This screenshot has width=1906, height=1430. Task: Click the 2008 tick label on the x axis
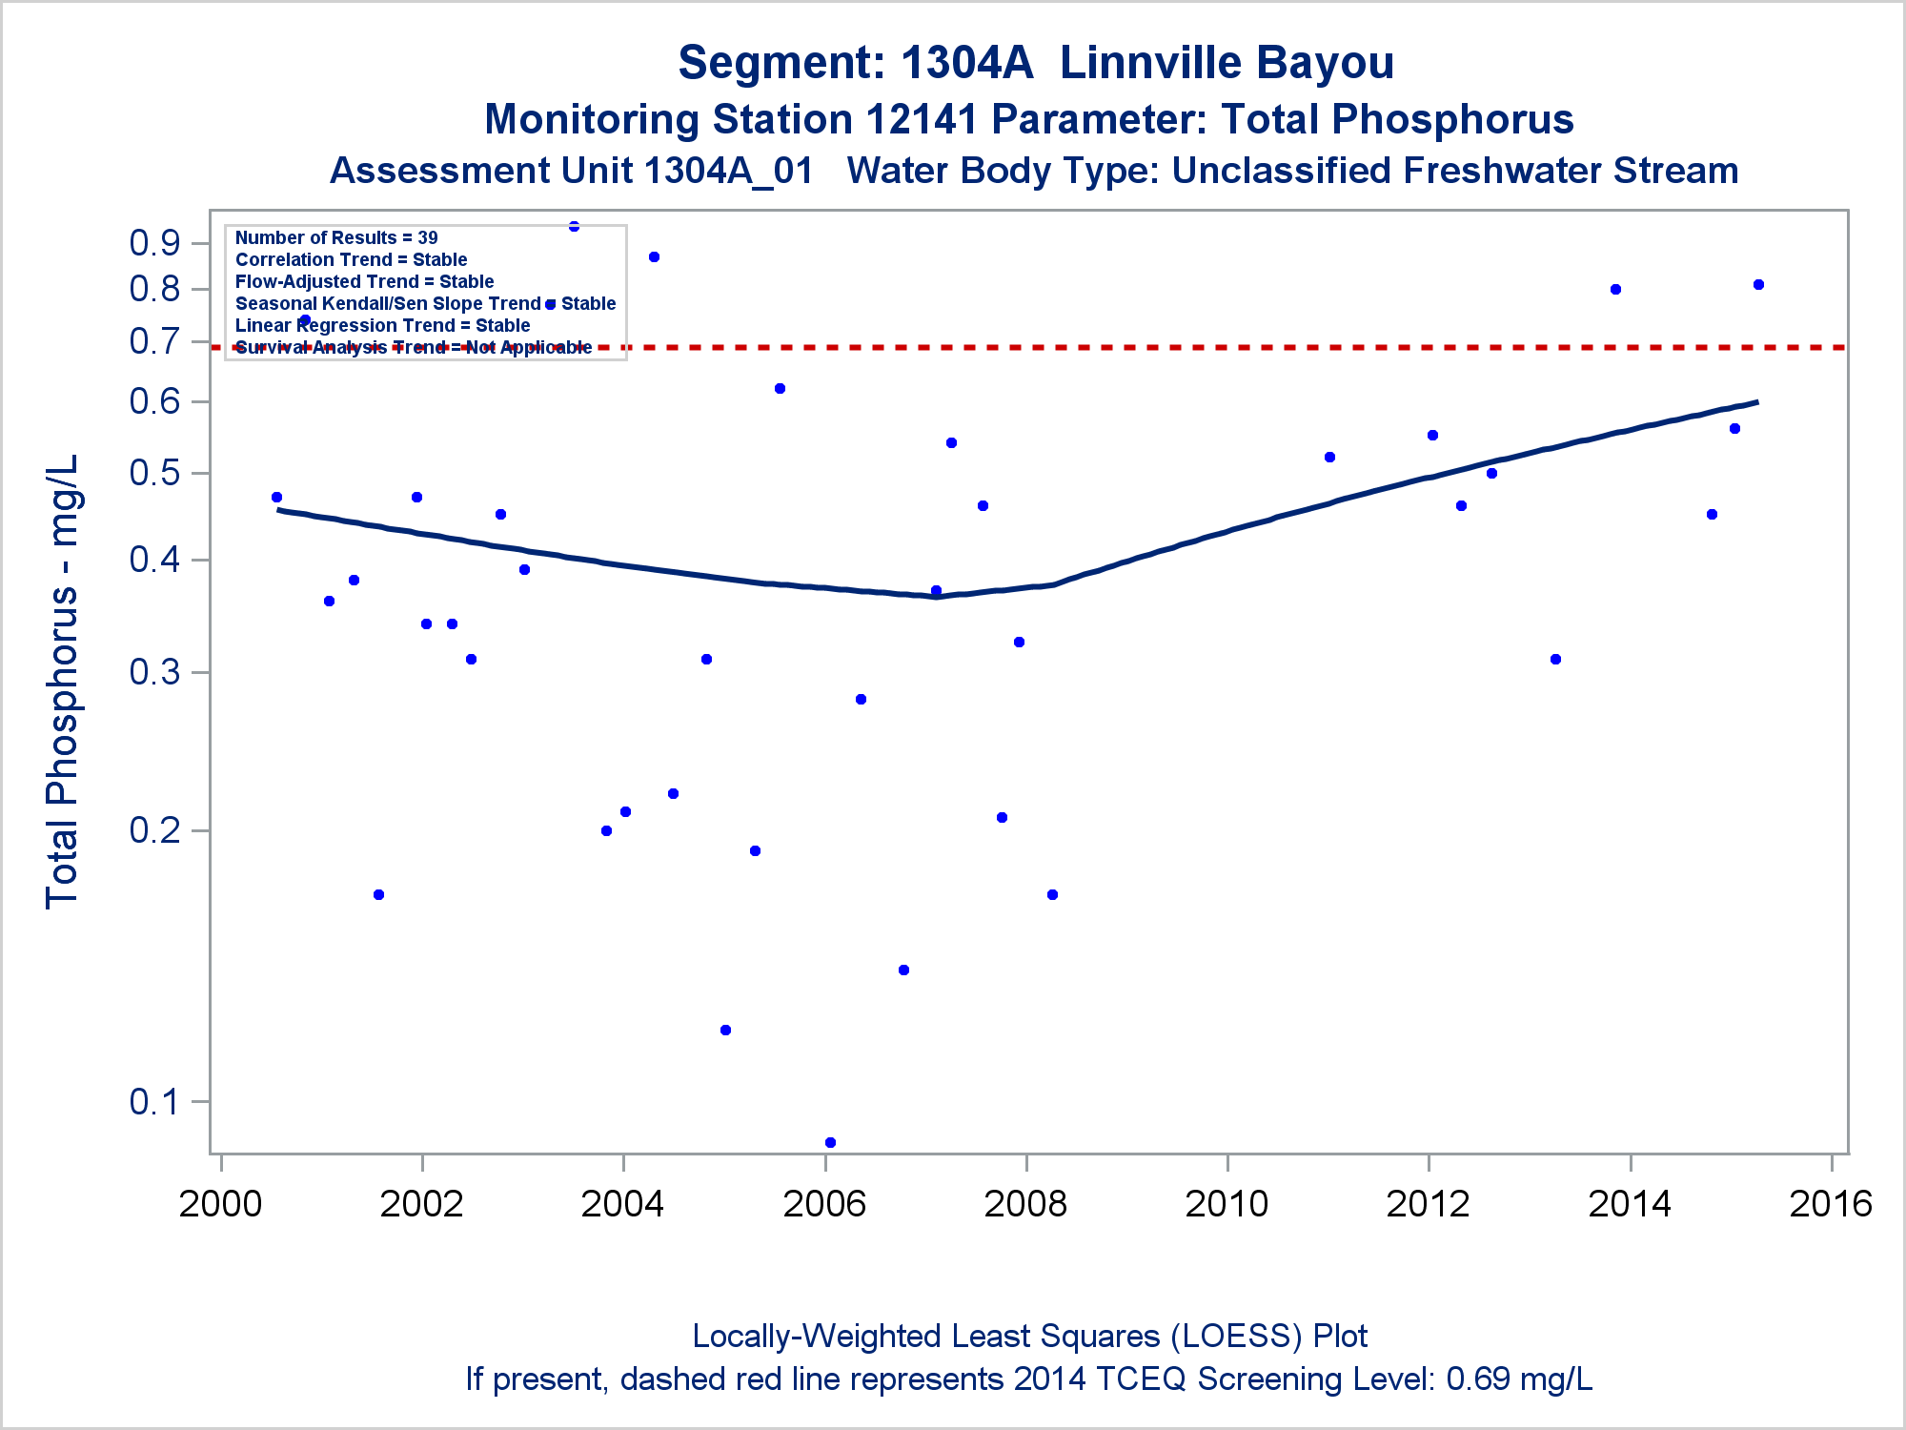click(x=1025, y=1204)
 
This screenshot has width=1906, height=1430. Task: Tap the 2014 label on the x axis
click(x=1630, y=1204)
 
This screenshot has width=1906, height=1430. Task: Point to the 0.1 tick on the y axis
click(x=155, y=1102)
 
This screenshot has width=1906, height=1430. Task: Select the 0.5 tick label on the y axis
click(x=155, y=473)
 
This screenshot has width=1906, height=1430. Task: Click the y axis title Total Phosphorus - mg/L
click(x=63, y=682)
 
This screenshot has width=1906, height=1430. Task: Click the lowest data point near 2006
click(x=830, y=1142)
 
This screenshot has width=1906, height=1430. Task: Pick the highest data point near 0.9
click(x=574, y=226)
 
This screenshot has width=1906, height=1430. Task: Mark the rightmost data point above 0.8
click(x=1758, y=284)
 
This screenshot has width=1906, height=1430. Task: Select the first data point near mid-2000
click(x=276, y=497)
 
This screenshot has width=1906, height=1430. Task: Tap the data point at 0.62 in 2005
click(x=780, y=388)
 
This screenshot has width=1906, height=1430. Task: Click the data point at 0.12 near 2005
click(x=725, y=1030)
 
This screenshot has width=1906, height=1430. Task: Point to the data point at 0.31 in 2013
click(x=1555, y=659)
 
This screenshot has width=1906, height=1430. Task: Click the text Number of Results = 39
click(x=336, y=237)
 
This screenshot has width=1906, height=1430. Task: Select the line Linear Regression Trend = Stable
click(x=382, y=325)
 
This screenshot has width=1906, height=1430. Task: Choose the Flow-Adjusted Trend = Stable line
click(x=364, y=281)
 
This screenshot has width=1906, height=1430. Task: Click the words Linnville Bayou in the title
click(x=1227, y=63)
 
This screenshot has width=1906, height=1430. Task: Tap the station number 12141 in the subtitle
click(x=922, y=120)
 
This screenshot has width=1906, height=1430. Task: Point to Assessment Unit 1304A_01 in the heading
click(x=572, y=172)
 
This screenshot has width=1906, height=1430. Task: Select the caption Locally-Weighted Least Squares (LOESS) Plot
click(x=1029, y=1337)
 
